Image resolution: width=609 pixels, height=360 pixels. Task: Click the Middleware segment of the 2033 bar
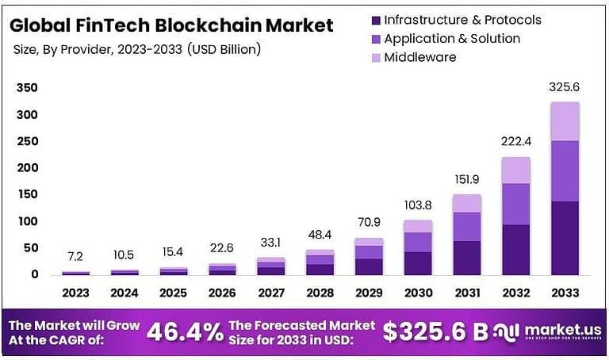[565, 121]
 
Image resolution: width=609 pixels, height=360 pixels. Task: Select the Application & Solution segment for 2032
[516, 204]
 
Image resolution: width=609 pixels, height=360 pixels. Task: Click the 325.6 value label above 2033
[565, 87]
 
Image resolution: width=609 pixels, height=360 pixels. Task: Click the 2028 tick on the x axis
[321, 293]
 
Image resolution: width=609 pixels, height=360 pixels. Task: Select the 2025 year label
[174, 293]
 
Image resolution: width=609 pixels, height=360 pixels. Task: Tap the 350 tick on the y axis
[28, 87]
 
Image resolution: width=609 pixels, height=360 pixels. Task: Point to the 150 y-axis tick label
[28, 194]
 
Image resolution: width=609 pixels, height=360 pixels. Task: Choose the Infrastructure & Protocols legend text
[462, 19]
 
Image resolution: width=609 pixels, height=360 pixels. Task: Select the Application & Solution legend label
[452, 38]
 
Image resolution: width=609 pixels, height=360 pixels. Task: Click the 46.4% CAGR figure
[186, 332]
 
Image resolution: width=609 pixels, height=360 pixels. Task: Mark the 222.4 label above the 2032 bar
[516, 142]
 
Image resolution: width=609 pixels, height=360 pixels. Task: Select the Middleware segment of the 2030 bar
[419, 226]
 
